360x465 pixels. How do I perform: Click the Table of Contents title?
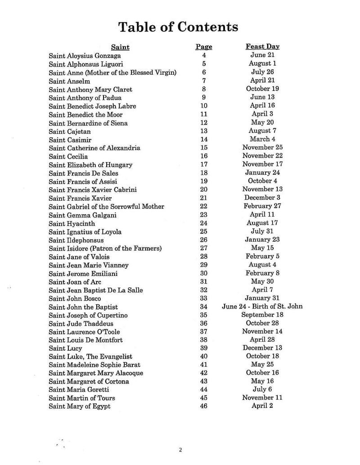coord(178,27)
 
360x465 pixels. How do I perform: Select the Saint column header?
coord(120,47)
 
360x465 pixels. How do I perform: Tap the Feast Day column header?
coord(262,47)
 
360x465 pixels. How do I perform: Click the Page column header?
coord(204,47)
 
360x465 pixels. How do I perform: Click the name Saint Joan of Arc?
coord(75,282)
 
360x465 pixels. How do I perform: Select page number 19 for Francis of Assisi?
coord(204,181)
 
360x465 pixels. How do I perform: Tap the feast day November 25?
coord(262,148)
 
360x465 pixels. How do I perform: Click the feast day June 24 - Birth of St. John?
coord(262,307)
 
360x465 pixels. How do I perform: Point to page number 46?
coord(204,406)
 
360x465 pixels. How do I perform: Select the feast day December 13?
coord(262,348)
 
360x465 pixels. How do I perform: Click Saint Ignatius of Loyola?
coord(85,232)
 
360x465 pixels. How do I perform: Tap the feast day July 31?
coord(262,231)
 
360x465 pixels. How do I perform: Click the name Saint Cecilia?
coord(68,156)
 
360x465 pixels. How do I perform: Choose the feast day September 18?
coord(262,315)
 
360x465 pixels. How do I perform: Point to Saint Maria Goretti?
coord(79,390)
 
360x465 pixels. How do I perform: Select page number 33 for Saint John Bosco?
coord(204,298)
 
